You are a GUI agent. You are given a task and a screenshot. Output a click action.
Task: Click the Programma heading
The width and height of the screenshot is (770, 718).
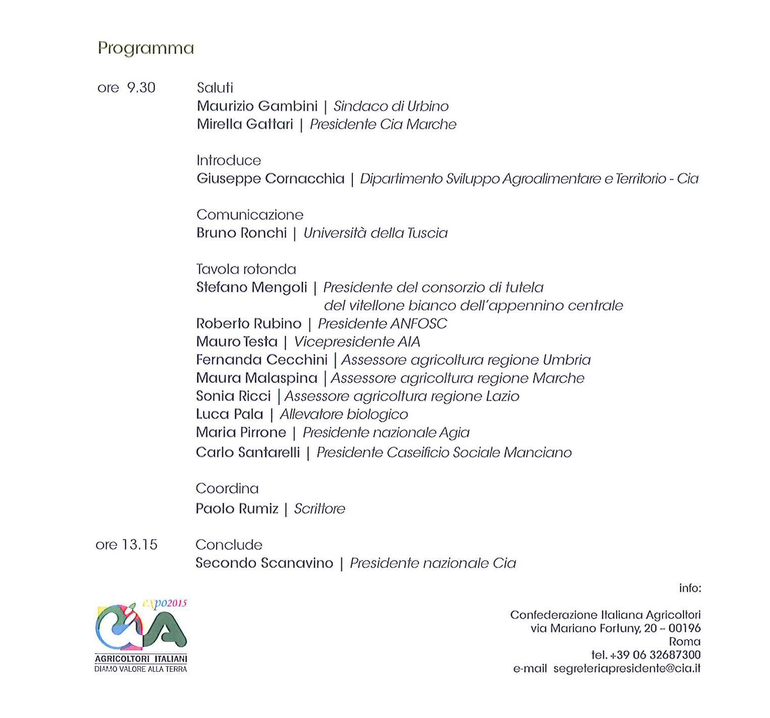(146, 49)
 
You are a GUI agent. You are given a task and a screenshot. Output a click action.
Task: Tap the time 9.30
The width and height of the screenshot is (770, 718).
(141, 88)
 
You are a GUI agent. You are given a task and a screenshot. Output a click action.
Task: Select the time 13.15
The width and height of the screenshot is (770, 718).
(140, 545)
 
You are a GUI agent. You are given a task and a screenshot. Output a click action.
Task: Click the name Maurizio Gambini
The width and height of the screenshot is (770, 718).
(257, 106)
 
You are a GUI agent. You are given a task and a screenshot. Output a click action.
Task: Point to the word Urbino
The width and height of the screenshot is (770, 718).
(428, 106)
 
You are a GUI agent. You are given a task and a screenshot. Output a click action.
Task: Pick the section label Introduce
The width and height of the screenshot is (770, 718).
(229, 160)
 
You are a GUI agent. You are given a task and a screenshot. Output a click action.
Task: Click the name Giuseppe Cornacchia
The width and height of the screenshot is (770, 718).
(270, 179)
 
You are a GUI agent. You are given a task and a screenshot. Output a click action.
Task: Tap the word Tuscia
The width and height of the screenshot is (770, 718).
(427, 233)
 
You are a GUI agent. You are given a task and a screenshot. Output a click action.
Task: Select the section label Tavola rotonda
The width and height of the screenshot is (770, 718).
(246, 269)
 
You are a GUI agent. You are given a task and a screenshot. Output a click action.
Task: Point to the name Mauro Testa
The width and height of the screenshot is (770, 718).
(236, 342)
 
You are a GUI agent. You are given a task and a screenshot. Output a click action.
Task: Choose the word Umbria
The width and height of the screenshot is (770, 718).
(566, 360)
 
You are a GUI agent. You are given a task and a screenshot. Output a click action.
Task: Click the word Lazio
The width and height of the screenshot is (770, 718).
(502, 396)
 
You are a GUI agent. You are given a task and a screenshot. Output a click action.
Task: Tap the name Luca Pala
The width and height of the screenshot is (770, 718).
(229, 415)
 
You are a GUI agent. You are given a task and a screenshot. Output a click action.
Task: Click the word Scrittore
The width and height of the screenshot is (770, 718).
(320, 509)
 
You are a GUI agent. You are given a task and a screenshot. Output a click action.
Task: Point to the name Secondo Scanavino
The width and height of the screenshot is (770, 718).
(264, 563)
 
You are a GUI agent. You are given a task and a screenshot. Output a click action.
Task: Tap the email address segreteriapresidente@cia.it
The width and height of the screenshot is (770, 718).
(627, 669)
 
